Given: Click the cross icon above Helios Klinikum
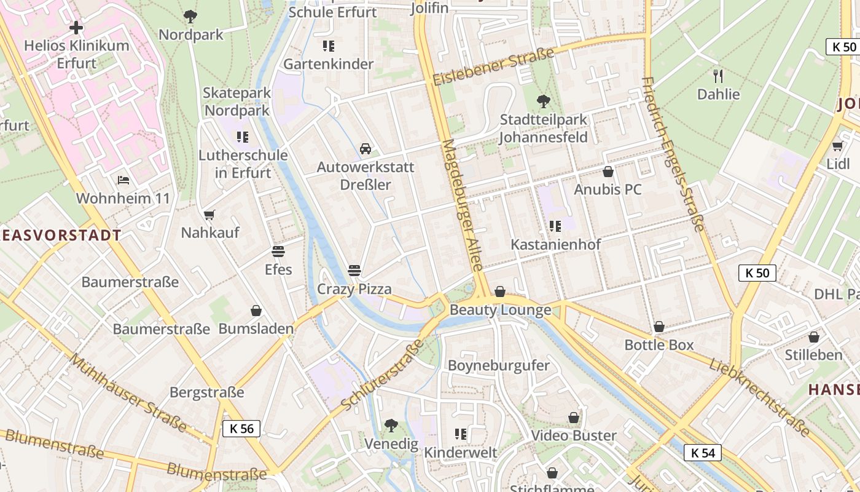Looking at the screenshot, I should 76,28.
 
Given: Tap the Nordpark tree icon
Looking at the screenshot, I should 190,17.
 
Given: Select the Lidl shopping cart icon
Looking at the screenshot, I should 837,146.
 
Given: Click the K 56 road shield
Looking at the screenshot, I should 241,429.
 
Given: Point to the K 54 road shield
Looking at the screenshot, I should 703,453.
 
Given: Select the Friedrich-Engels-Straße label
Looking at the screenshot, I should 673,154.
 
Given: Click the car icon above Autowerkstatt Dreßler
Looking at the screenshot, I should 365,149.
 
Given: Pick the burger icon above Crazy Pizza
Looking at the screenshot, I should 354,270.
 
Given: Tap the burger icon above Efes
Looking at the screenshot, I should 278,251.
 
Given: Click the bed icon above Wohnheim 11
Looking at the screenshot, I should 123,180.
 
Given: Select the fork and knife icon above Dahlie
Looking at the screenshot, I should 718,76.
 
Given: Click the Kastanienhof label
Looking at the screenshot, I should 555,244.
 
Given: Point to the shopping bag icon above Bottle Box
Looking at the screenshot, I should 659,327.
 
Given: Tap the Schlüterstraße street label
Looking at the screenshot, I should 382,375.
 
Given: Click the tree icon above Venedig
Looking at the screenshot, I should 391,425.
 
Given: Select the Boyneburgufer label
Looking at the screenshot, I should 498,365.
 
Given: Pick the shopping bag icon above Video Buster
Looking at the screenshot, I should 574,418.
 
